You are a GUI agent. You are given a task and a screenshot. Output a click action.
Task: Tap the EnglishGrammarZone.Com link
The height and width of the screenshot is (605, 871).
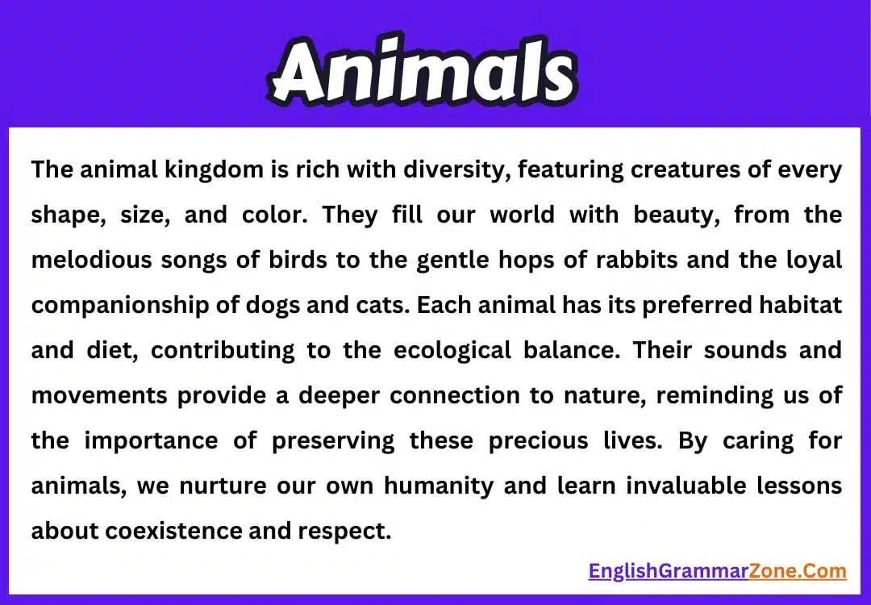[717, 571]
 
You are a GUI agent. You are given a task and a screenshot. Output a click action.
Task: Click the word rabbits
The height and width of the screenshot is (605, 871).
[640, 261]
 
